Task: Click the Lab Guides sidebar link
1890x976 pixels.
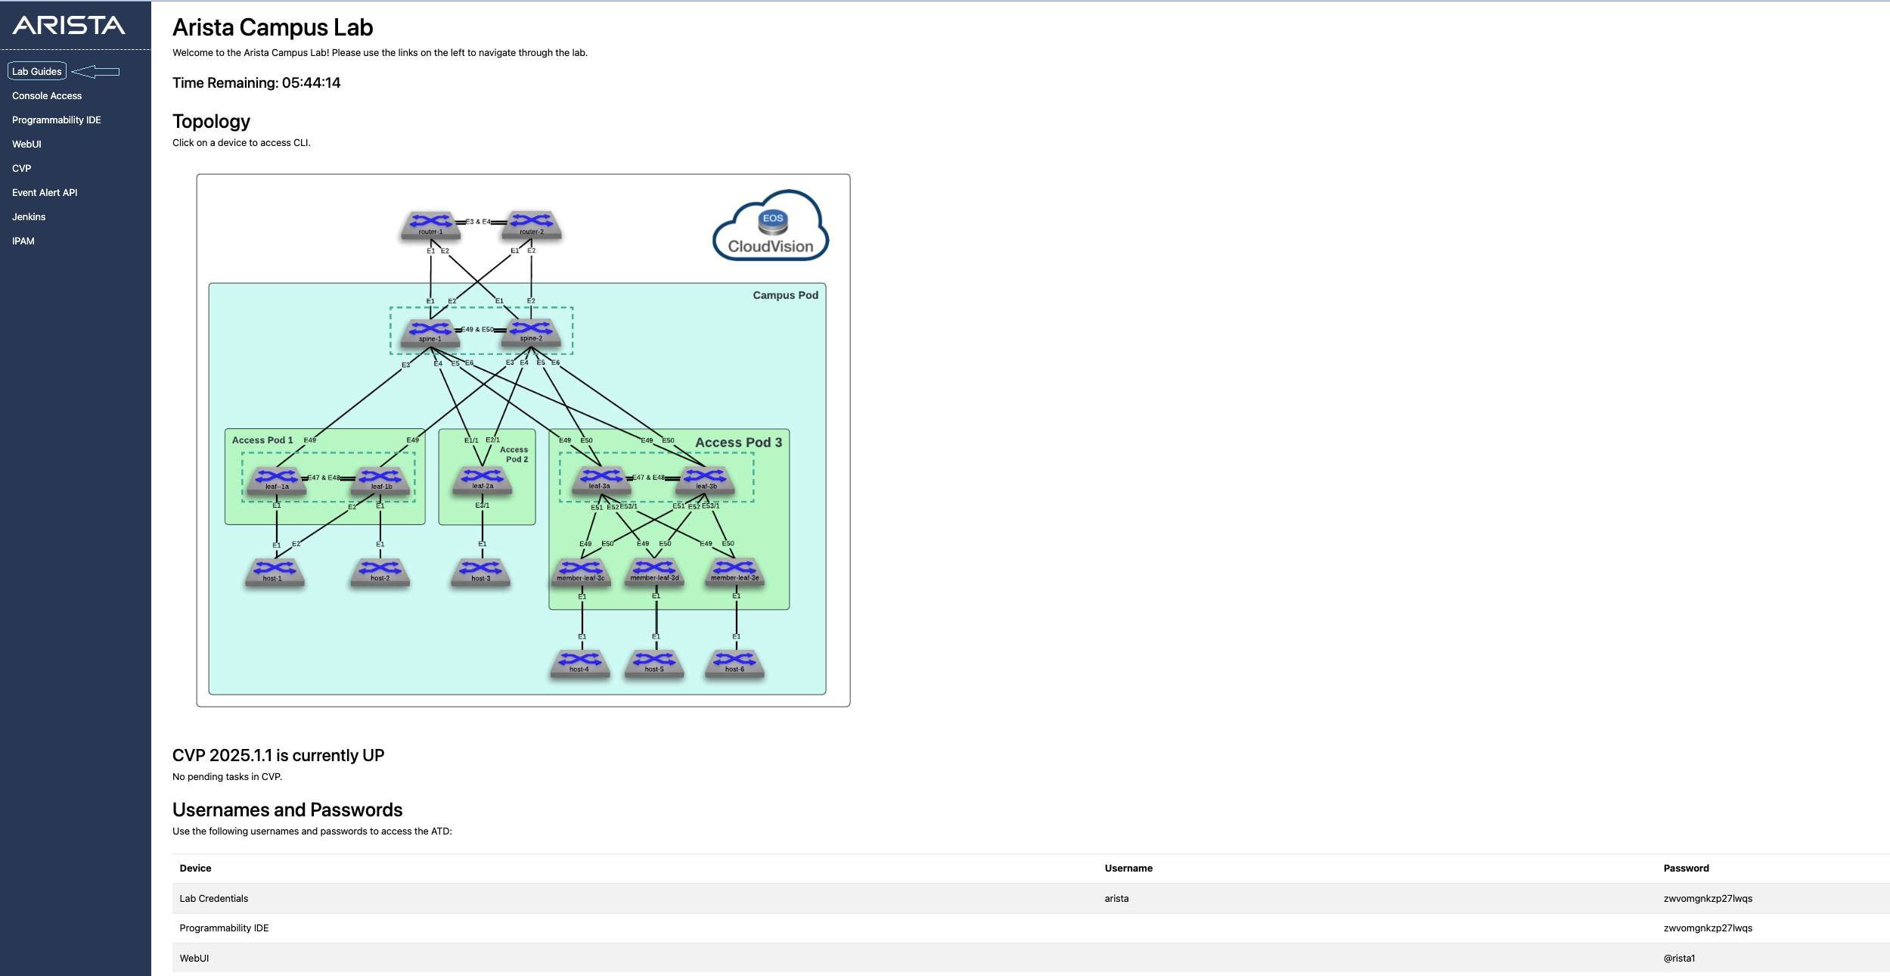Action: point(37,71)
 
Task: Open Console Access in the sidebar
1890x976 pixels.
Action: point(47,96)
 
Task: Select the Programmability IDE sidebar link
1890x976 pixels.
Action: point(57,120)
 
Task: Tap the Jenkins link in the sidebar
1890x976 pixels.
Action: point(29,217)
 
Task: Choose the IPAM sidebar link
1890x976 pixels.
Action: point(23,241)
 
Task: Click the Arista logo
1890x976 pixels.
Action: point(69,26)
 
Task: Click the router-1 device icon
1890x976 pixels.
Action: point(430,225)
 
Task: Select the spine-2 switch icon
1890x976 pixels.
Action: point(531,332)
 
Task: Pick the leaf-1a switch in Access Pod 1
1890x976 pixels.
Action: point(277,480)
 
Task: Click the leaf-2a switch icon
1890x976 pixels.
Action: point(483,480)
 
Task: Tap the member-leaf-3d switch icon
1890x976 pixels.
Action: point(654,571)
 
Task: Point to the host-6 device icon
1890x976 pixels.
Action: point(734,663)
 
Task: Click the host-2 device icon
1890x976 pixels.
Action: point(380,572)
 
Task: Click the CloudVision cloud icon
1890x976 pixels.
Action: point(771,228)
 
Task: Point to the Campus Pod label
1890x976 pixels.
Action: point(785,296)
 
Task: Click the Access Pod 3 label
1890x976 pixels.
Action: point(738,443)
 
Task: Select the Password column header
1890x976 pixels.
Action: point(1686,869)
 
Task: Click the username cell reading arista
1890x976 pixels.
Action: point(1116,899)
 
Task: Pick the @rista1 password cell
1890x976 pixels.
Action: point(1679,959)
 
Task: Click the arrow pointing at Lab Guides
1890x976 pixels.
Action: point(96,72)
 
